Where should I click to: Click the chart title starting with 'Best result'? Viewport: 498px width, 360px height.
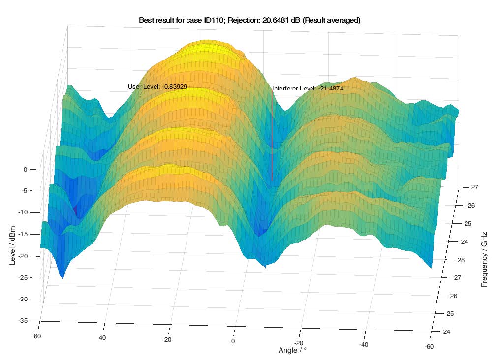pyautogui.click(x=250, y=20)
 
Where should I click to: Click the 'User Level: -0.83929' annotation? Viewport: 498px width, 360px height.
pyautogui.click(x=157, y=86)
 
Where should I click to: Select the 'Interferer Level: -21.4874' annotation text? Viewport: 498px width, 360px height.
pyautogui.click(x=308, y=89)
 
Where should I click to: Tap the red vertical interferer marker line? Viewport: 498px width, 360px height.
pyautogui.click(x=272, y=138)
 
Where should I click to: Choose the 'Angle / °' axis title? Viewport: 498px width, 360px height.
pyautogui.click(x=292, y=350)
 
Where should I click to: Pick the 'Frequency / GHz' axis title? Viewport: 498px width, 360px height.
pyautogui.click(x=485, y=259)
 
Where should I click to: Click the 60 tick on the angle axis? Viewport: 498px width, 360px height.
pyautogui.click(x=37, y=336)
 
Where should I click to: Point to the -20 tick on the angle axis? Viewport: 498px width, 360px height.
pyautogui.click(x=298, y=343)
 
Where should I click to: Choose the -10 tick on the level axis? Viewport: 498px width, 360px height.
pyautogui.click(x=25, y=212)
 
